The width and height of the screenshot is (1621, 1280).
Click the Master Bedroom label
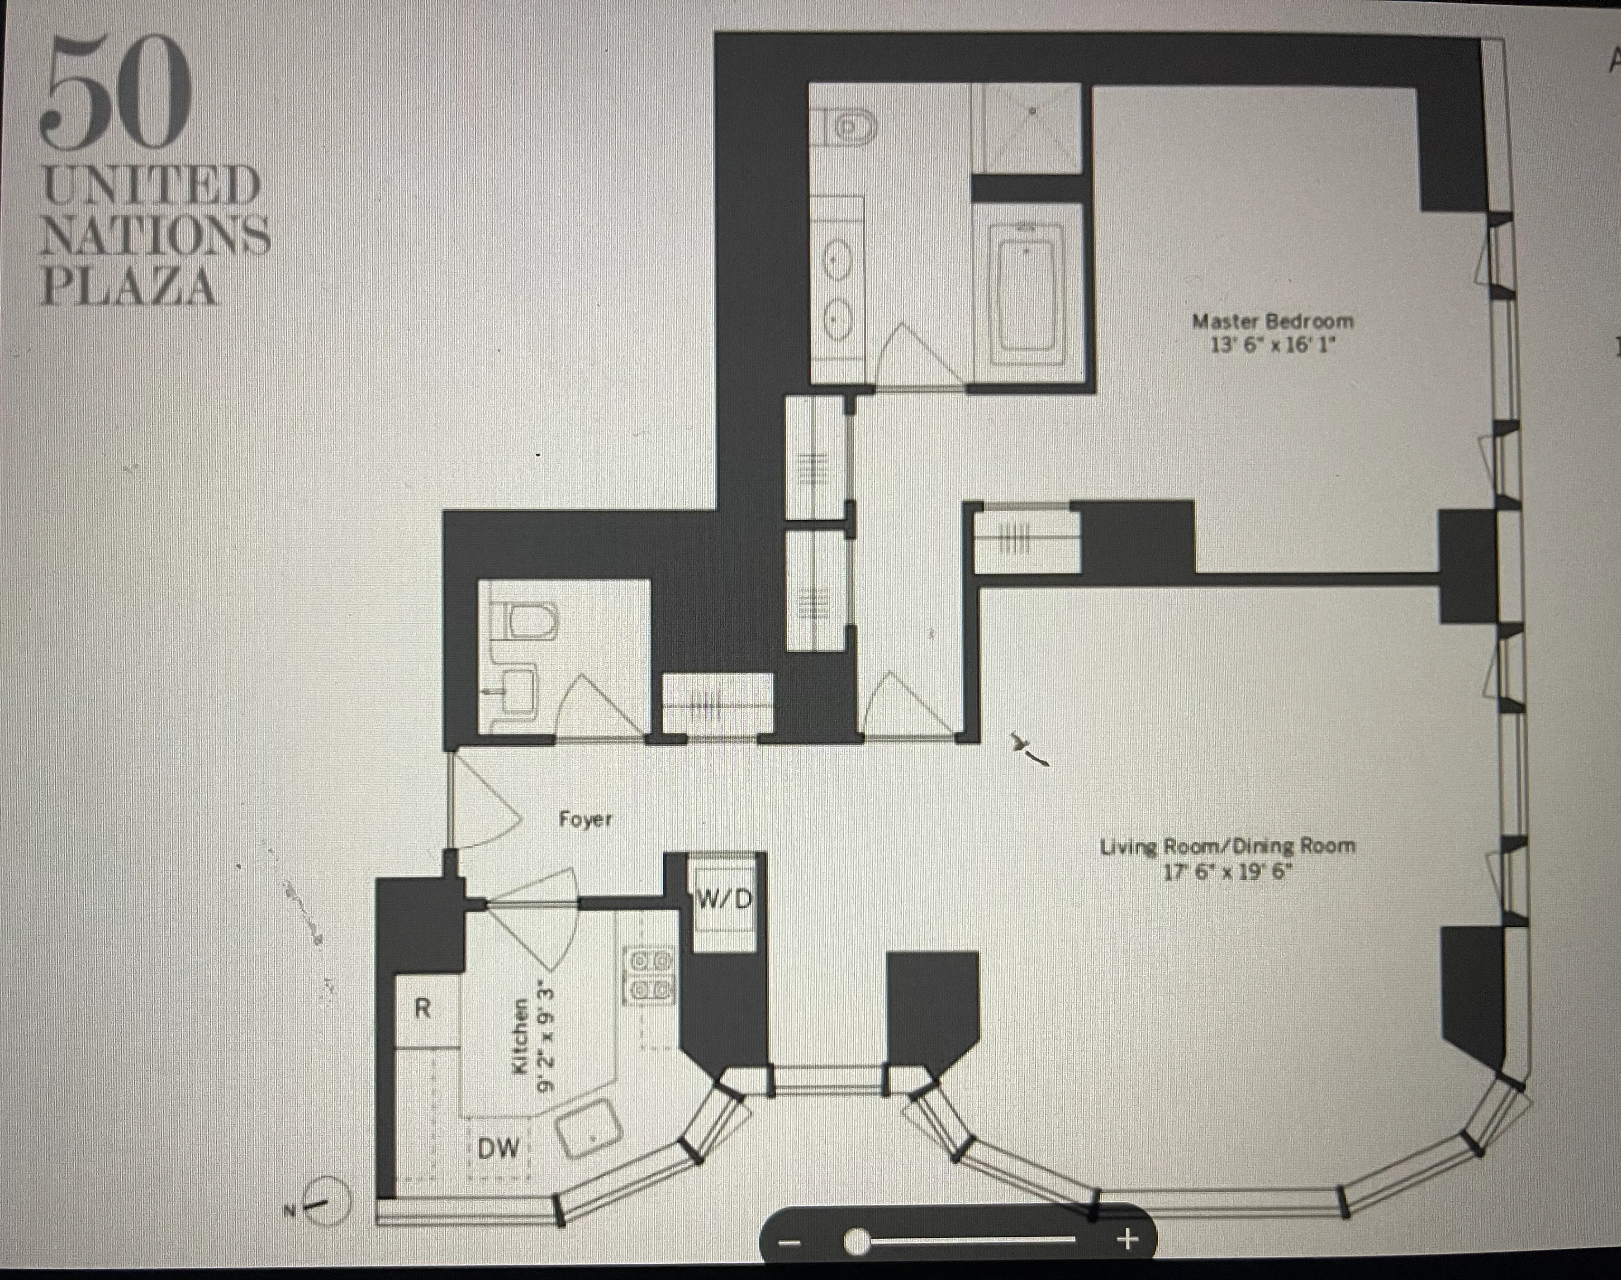pos(1273,322)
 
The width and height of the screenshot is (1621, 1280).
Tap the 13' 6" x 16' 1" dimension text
pos(1273,346)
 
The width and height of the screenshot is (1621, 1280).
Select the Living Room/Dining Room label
pos(1227,847)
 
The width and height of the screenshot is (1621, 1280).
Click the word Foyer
pos(585,819)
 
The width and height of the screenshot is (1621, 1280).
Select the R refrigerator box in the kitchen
pos(423,1010)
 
